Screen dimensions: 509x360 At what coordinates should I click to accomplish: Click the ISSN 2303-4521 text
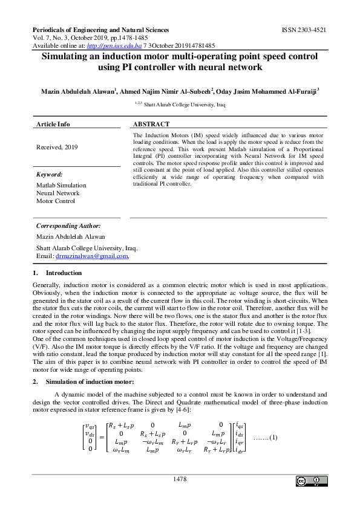click(304, 30)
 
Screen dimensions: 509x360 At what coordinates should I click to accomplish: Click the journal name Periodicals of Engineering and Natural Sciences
click(100, 30)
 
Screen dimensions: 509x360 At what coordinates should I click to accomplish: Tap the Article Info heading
click(53, 124)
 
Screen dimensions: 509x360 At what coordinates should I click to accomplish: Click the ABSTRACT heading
click(151, 124)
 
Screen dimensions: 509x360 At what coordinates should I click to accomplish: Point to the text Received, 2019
click(57, 147)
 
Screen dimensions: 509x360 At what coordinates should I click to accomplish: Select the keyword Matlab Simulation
click(61, 185)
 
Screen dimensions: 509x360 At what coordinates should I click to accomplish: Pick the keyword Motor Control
click(56, 201)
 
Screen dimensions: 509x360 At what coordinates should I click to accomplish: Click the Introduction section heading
click(64, 273)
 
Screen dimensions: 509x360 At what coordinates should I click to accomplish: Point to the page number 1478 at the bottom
click(180, 479)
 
